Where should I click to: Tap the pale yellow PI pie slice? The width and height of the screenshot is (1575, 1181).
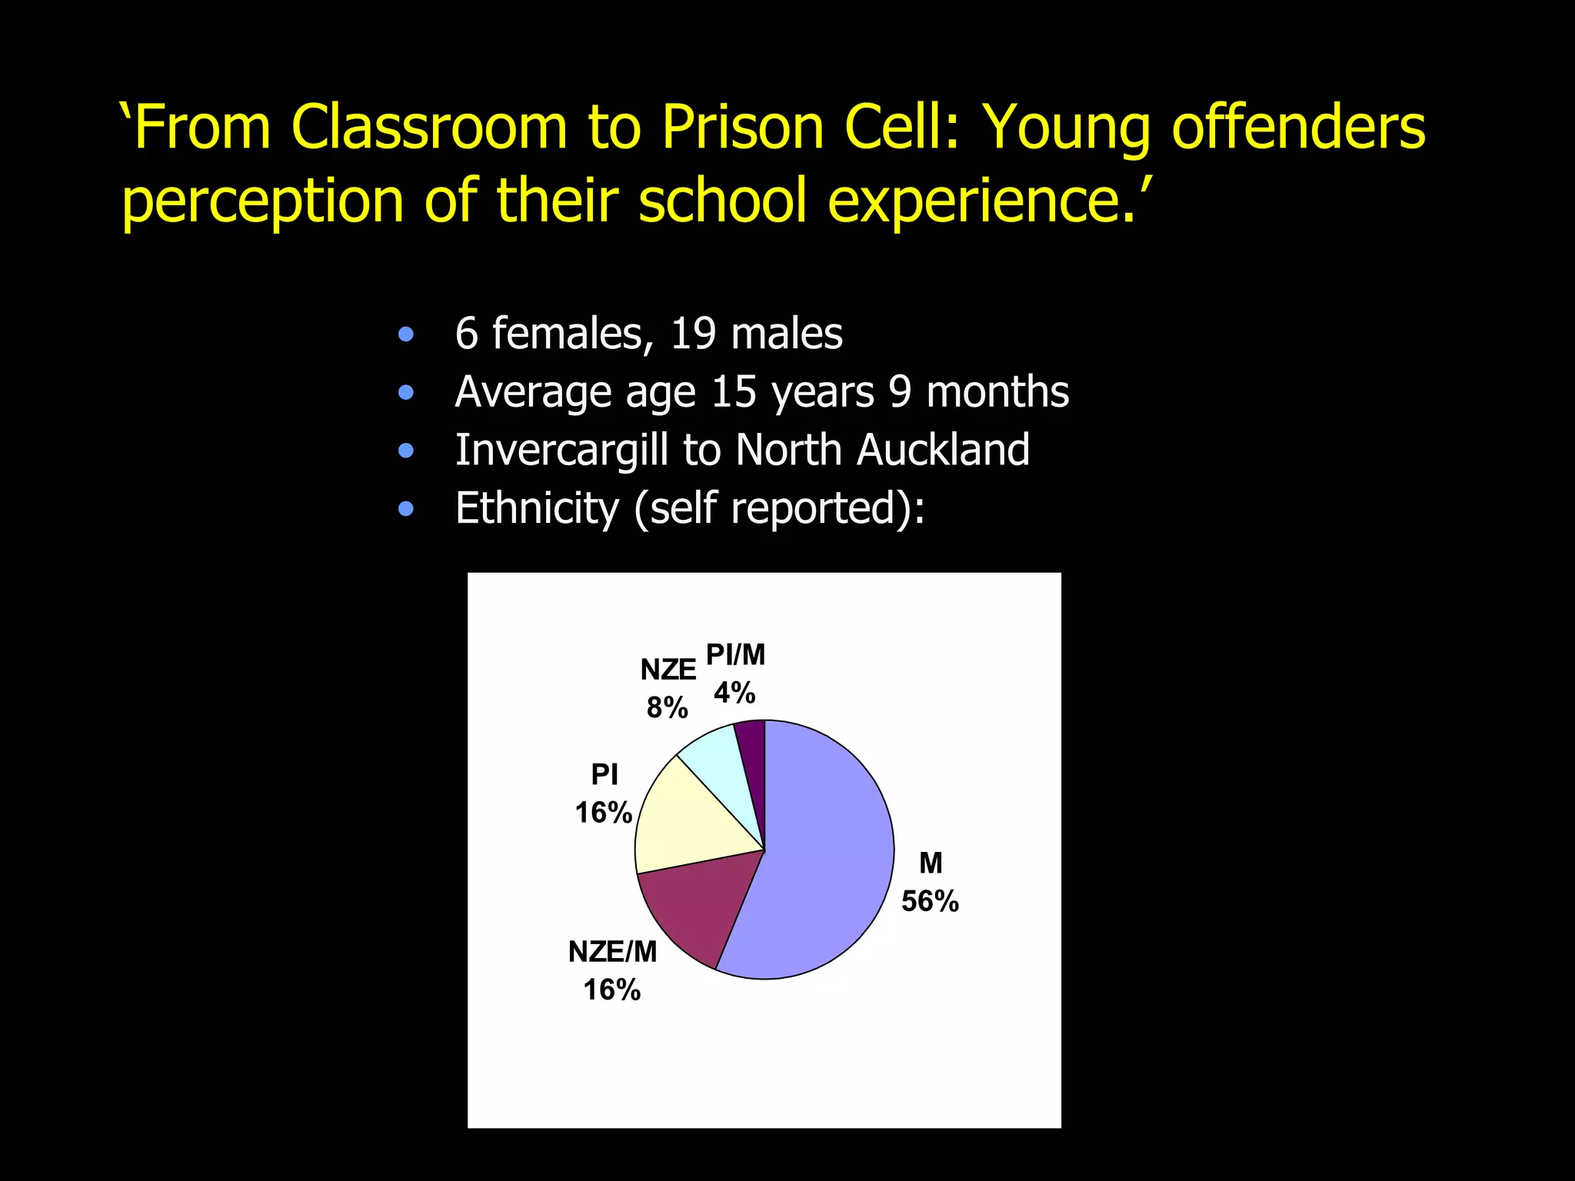coord(684,823)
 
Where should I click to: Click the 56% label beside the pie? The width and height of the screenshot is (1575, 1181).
coord(930,901)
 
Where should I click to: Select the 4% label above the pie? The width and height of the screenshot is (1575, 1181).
coord(734,694)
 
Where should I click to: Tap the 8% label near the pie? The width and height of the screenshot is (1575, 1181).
coord(667,707)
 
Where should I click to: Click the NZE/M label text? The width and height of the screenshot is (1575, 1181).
coord(612,952)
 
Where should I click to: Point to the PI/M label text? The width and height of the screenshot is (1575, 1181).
coord(735,655)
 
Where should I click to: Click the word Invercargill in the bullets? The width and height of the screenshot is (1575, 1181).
coord(561,450)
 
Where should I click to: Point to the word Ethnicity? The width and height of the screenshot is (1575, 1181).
coord(537,508)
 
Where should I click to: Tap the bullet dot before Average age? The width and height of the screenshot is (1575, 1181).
coord(406,393)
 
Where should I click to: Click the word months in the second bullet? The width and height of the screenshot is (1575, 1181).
coord(997,392)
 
